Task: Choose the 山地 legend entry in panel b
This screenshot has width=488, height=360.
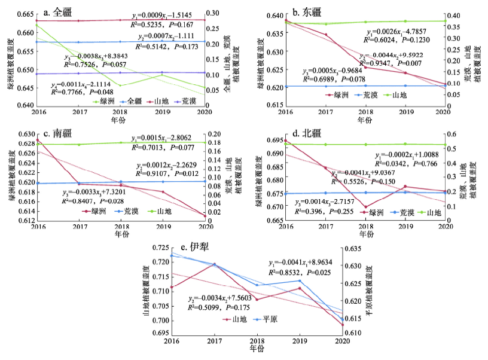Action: coord(404,94)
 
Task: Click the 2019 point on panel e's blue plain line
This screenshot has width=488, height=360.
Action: coord(299,280)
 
